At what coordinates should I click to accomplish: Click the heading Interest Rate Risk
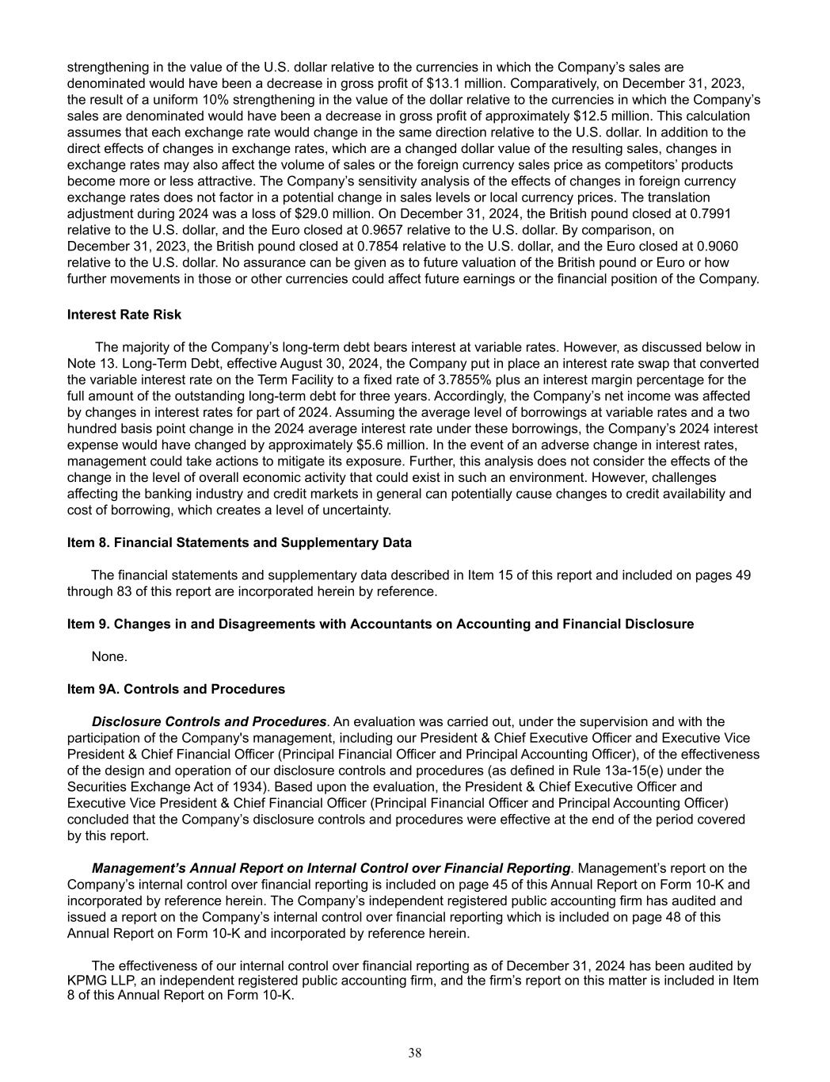[124, 315]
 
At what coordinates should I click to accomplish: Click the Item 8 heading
[239, 543]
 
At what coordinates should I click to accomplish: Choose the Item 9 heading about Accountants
[380, 624]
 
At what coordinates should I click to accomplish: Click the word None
[109, 656]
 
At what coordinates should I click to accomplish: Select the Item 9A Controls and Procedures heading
[176, 689]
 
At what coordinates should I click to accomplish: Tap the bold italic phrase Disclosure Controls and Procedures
[209, 721]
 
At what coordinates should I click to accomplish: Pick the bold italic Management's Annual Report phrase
[331, 868]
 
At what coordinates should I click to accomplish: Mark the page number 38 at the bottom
[415, 1053]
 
